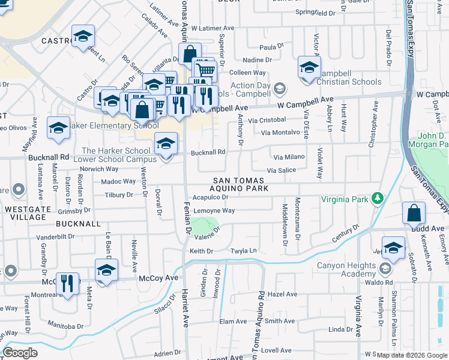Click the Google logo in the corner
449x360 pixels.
pyautogui.click(x=20, y=352)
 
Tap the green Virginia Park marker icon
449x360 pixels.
pyautogui.click(x=377, y=197)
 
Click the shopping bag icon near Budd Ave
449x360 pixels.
pyautogui.click(x=414, y=213)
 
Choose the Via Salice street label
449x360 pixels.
pyautogui.click(x=282, y=170)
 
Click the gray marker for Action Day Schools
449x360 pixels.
pyautogui.click(x=279, y=89)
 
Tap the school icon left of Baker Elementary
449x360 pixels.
pyautogui.click(x=58, y=128)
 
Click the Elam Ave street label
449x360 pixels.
pyautogui.click(x=234, y=322)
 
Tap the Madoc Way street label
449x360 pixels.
pyautogui.click(x=118, y=181)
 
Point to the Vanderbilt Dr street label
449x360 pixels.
pyautogui.click(x=55, y=236)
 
